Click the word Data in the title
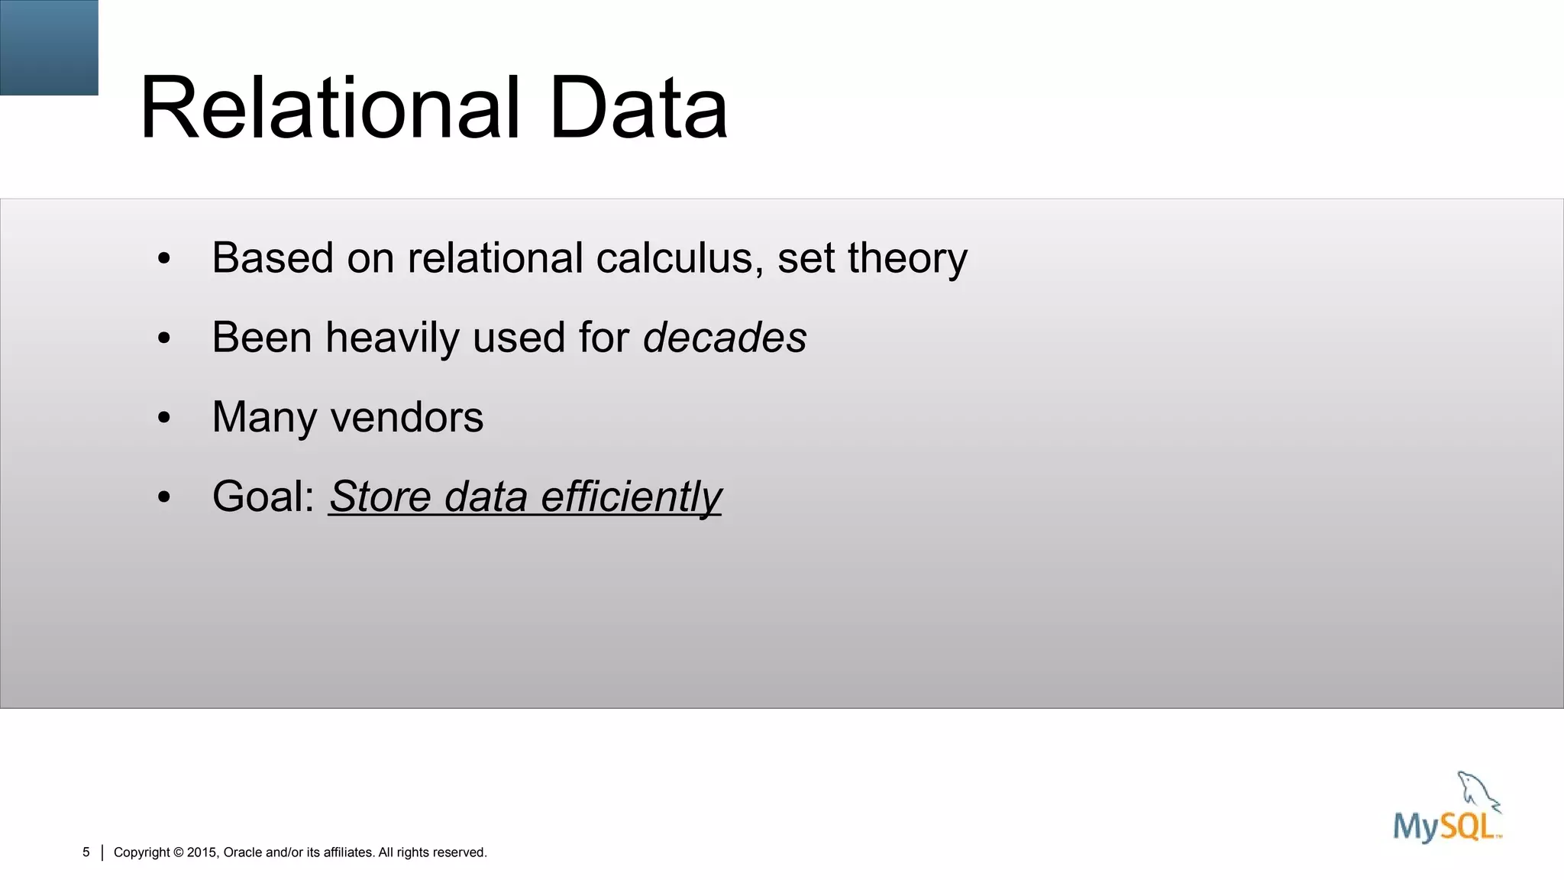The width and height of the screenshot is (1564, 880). tap(638, 108)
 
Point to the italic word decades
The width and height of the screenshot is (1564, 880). tap(725, 338)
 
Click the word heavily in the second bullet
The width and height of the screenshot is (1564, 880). tap(392, 338)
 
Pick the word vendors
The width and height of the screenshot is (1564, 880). tap(407, 418)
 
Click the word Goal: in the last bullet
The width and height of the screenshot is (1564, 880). tap(263, 497)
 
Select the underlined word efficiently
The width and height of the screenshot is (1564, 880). tap(631, 497)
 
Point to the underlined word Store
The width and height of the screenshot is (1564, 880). tap(380, 497)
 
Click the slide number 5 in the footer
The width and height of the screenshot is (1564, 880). tap(86, 852)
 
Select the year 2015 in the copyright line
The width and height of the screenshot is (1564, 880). tap(202, 852)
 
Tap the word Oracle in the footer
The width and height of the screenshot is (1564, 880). tap(242, 852)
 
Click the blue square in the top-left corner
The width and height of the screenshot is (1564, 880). tap(49, 47)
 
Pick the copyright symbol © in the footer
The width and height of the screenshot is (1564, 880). tap(179, 852)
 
